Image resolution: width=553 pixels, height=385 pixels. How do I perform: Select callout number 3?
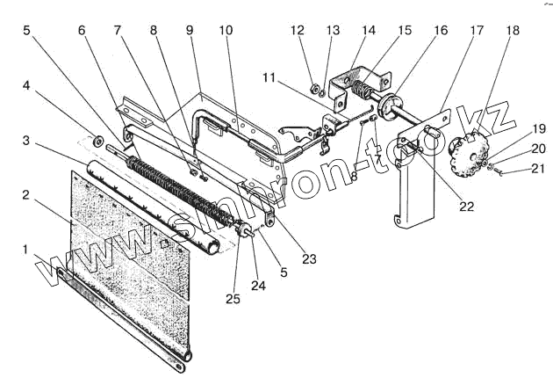click(x=27, y=141)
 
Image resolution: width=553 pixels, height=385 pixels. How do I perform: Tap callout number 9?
click(x=189, y=30)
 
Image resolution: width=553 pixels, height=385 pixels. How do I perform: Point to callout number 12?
click(x=298, y=30)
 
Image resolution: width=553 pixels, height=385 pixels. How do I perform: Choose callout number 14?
click(x=369, y=30)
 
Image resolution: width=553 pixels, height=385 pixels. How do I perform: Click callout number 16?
click(x=441, y=30)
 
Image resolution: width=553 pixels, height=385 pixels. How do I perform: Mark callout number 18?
click(x=513, y=30)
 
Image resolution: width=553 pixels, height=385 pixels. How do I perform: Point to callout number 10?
click(x=226, y=30)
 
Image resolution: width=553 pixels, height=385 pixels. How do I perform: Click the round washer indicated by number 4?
click(x=99, y=139)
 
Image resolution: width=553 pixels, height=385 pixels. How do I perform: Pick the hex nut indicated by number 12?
click(x=315, y=88)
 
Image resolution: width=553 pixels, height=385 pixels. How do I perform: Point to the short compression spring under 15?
click(x=359, y=89)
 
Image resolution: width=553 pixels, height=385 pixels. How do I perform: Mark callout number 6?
click(x=82, y=30)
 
